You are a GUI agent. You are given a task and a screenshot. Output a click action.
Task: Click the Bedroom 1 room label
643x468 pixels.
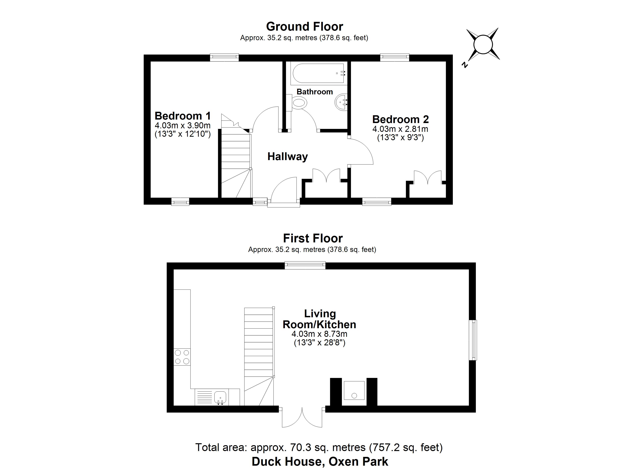click(183, 116)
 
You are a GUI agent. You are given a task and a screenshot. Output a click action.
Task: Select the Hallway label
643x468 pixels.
click(287, 157)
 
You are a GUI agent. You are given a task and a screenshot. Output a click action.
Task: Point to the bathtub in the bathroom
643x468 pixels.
click(319, 74)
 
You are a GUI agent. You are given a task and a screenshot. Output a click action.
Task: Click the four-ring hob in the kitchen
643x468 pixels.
click(182, 357)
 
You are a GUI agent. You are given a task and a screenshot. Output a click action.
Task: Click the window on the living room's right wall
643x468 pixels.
click(473, 340)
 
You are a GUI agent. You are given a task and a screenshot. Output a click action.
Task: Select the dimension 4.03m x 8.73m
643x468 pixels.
click(320, 334)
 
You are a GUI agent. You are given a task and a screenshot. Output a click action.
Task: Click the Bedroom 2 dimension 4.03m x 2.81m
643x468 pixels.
click(400, 129)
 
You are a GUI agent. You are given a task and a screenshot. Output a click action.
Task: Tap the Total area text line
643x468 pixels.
click(319, 448)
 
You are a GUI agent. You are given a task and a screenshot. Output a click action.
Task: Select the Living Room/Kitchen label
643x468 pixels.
click(320, 319)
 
